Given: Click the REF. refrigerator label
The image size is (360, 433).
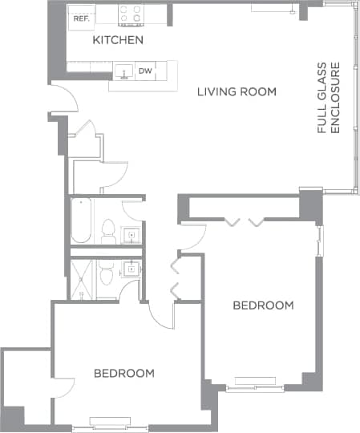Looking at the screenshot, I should point(79,17).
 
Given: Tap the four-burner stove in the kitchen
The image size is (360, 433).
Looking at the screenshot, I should point(131,14).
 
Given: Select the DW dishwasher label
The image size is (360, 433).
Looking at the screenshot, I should point(145,71).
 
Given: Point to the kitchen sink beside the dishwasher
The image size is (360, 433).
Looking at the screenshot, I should point(123,72).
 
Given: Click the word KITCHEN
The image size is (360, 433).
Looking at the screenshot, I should point(118,40).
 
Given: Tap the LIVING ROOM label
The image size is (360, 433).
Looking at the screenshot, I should point(237,91).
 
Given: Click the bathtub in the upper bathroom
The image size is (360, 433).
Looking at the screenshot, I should point(81,221).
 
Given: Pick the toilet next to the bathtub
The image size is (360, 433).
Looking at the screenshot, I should point(108,232).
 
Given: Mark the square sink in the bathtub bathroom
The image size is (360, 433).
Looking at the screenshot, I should point(131,235).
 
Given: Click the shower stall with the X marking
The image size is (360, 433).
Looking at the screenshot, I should point(83,279).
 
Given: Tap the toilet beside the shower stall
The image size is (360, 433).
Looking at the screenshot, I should point(107,276).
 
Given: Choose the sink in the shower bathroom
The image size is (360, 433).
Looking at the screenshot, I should point(131,271).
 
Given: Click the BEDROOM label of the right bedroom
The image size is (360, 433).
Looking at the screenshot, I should point(263,306).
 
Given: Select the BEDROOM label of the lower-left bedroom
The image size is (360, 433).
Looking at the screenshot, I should point(123,374).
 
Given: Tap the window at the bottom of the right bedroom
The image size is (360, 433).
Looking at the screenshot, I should point(253,389).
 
